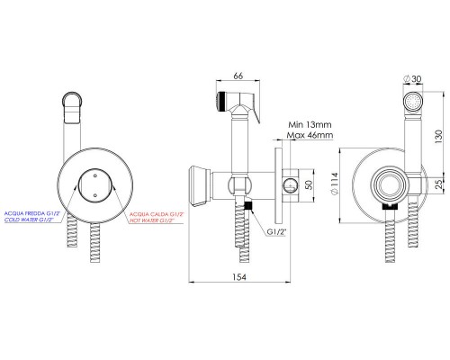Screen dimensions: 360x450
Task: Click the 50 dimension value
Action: click(x=308, y=186)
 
